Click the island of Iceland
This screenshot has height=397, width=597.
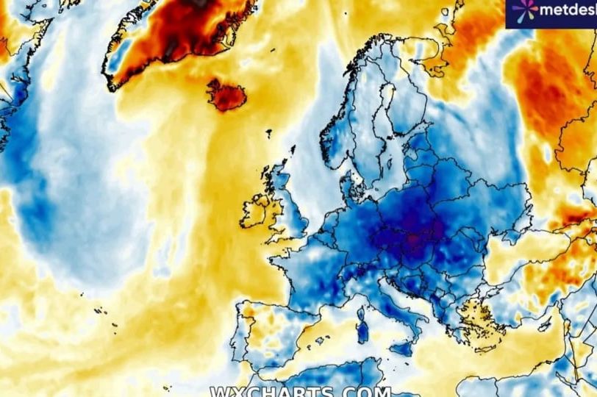click(226, 95)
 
